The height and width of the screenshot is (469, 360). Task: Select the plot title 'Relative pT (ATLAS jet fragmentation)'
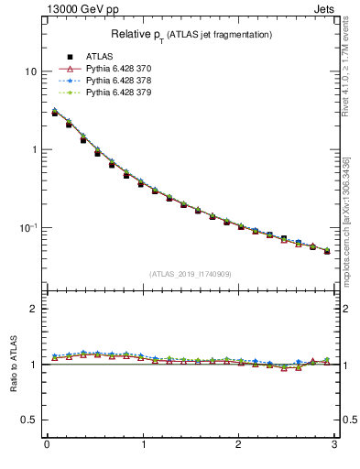tap(191, 35)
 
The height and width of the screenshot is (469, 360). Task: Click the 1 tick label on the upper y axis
tap(34, 149)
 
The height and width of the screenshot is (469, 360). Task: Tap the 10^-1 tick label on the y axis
tap(28, 227)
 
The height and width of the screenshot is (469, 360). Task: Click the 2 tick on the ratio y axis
tap(34, 309)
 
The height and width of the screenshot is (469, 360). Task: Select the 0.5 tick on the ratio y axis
tap(30, 420)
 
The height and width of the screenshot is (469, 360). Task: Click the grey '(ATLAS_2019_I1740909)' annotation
tap(191, 274)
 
